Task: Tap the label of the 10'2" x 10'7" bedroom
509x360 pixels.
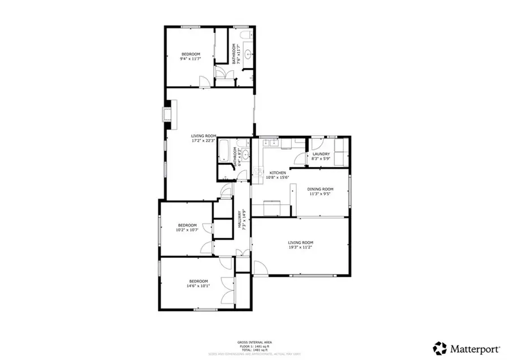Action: point(186,228)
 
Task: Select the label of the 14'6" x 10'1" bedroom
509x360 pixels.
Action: point(199,284)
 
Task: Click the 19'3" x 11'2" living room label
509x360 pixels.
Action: point(300,245)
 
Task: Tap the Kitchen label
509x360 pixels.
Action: point(277,175)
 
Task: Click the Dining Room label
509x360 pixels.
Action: point(320,191)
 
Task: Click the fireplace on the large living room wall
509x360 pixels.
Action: point(167,114)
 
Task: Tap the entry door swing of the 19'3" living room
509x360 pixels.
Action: point(260,268)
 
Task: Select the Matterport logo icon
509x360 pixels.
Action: point(439,346)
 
